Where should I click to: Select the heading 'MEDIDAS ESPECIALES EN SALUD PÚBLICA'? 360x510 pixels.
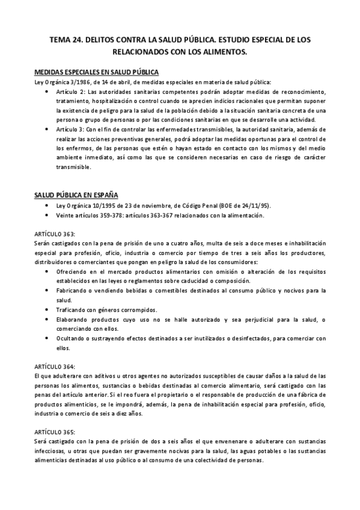97,72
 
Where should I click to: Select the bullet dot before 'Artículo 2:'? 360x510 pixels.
47,92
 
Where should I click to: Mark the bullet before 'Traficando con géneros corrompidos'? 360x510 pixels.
47,309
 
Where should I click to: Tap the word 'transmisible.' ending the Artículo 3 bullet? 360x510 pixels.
73,167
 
